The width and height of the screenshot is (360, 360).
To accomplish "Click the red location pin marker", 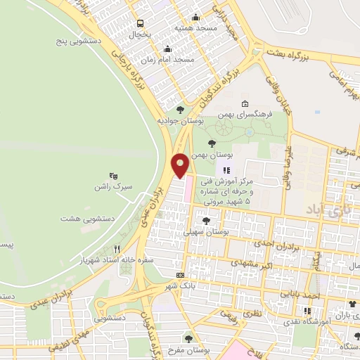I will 180,166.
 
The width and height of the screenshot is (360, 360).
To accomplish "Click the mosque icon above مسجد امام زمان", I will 167,49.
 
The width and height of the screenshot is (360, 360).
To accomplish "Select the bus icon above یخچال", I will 140,23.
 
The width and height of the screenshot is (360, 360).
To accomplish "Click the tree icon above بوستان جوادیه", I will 180,109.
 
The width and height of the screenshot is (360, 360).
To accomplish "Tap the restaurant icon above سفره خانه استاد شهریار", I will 117,249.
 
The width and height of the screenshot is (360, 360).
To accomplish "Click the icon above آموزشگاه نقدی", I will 307,311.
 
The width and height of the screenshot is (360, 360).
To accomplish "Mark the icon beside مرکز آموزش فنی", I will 226,170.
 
